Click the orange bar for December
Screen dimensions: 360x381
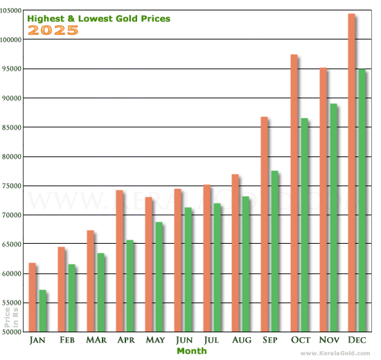351,173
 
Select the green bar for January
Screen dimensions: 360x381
42,311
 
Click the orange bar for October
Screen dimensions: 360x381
294,193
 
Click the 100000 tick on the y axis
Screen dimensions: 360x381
12,39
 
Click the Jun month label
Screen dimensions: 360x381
184,341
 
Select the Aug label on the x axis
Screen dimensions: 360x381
242,341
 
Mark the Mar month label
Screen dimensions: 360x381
96,341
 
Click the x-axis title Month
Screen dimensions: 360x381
191,351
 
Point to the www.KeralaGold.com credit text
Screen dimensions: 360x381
337,354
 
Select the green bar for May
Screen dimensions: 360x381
159,277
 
